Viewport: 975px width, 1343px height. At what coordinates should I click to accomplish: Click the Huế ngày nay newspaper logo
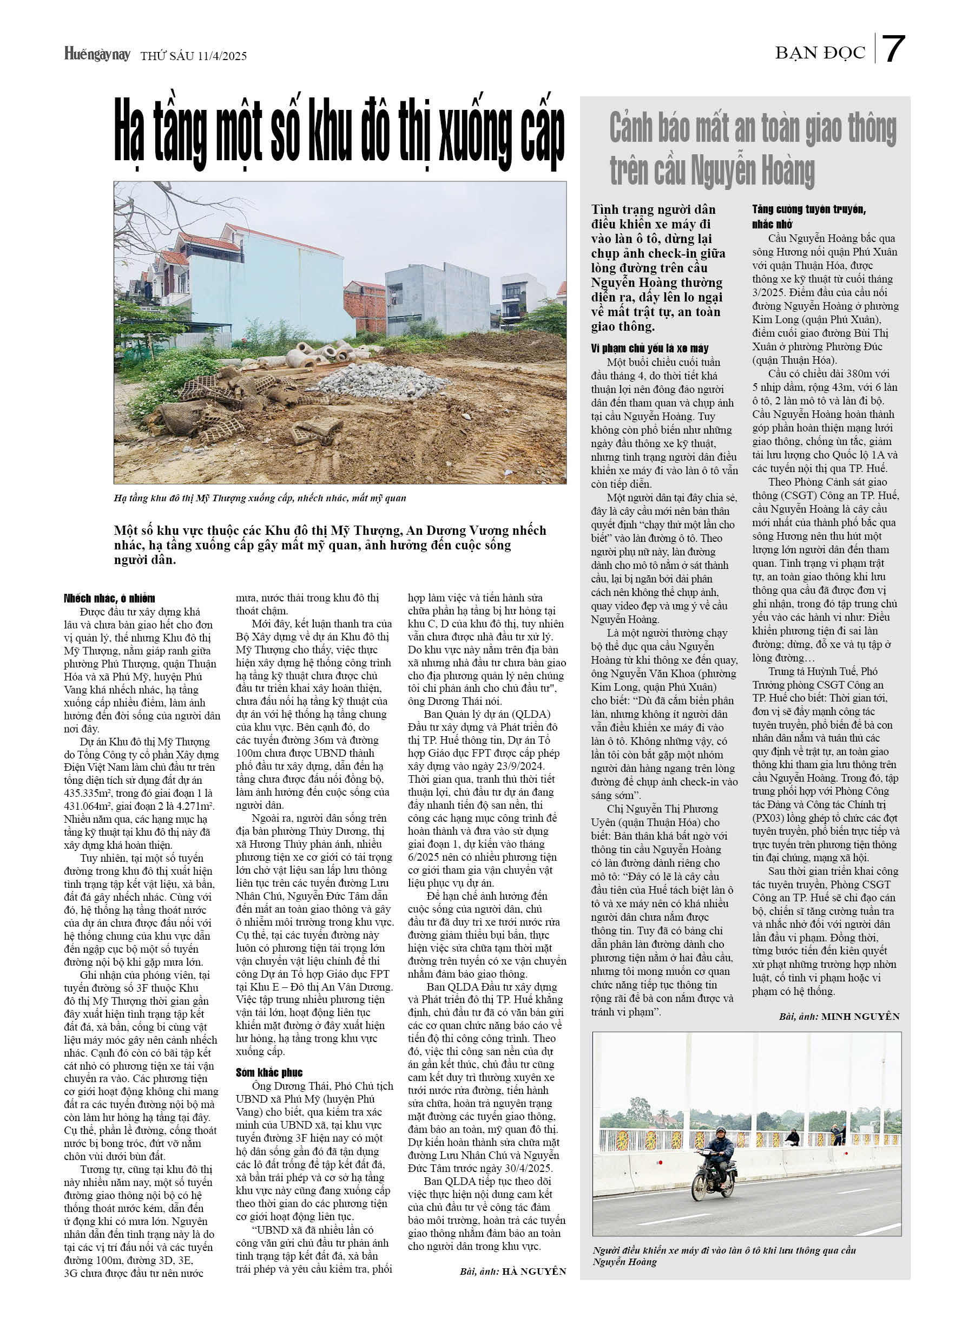point(96,55)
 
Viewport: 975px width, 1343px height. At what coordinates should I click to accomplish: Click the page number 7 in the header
point(893,50)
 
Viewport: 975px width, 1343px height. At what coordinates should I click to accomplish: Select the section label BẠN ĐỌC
point(820,53)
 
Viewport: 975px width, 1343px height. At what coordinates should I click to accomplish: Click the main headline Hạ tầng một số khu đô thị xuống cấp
point(339,134)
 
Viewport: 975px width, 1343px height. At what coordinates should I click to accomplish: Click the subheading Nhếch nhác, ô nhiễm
point(109,598)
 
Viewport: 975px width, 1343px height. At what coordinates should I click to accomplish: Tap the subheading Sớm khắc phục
point(269,1072)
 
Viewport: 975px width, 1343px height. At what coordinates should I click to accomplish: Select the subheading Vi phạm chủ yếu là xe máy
point(649,348)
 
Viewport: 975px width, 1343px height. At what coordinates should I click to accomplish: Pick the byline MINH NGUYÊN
point(860,1016)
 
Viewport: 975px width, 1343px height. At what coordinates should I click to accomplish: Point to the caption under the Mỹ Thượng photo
point(260,498)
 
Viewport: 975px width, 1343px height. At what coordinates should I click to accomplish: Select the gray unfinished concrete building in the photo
point(429,299)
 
